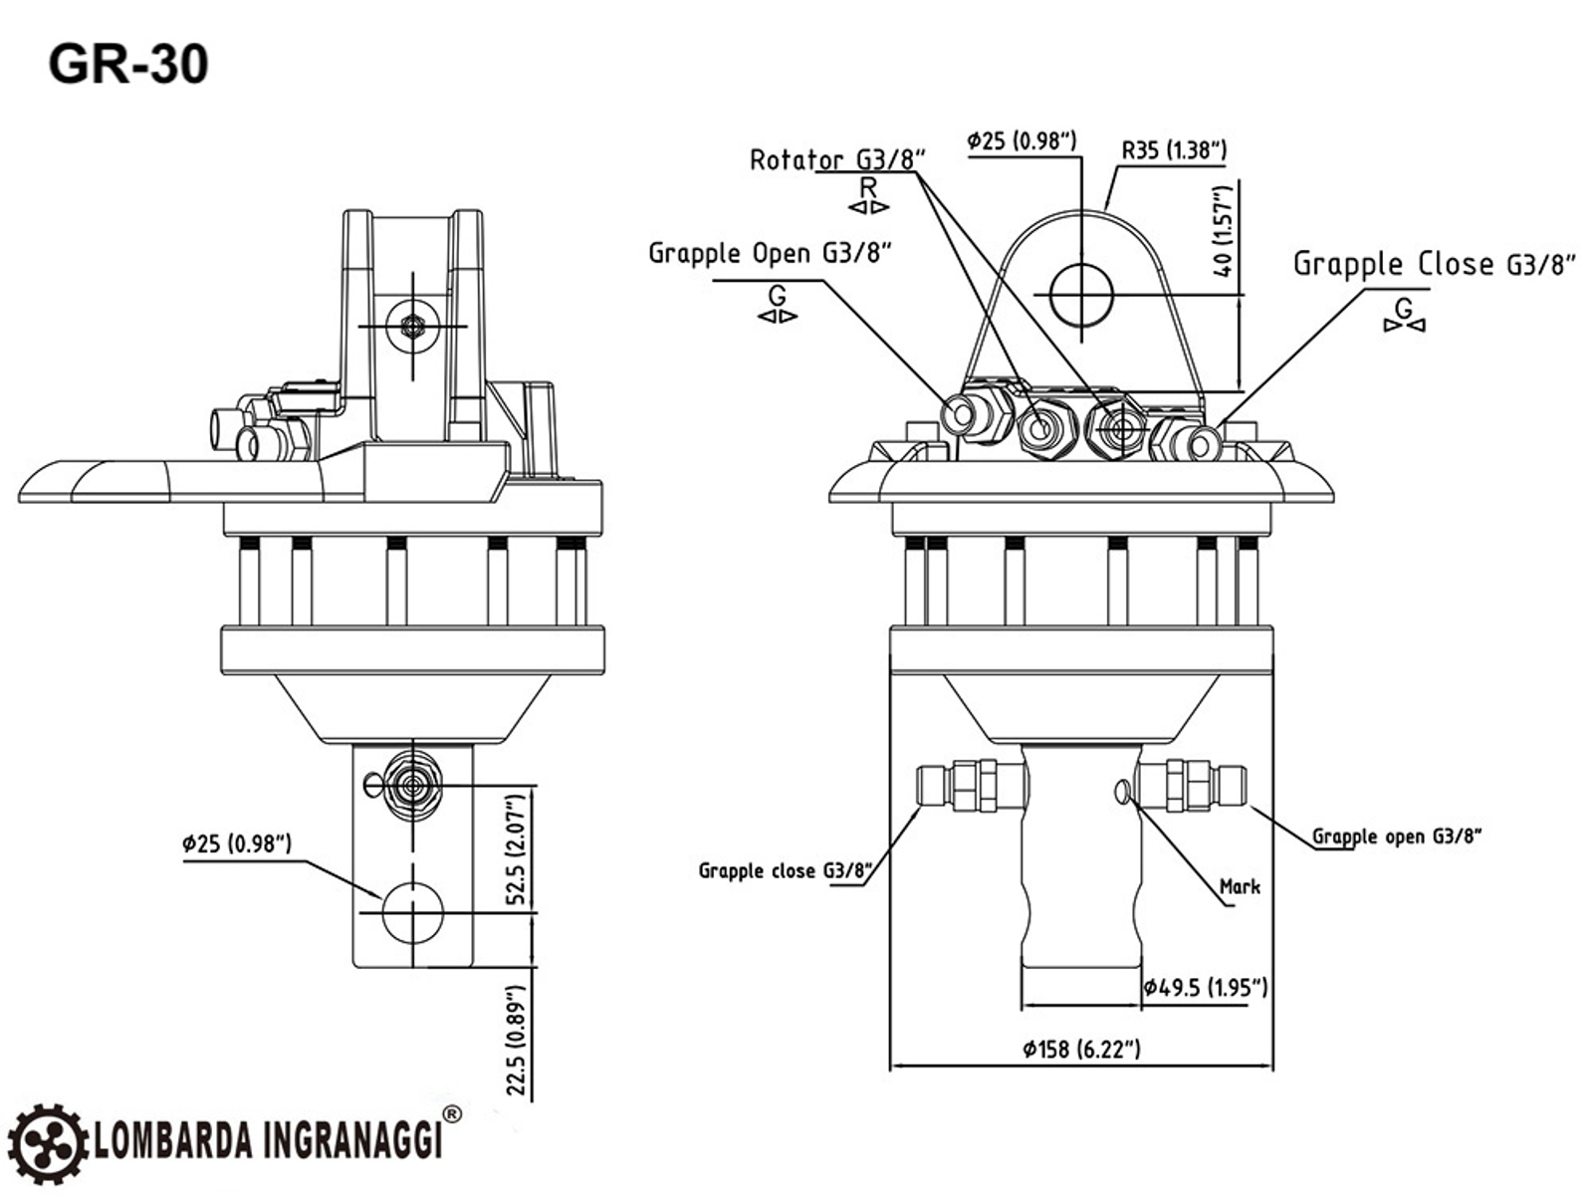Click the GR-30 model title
pyautogui.click(x=128, y=65)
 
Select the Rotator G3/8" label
pyautogui.click(x=837, y=159)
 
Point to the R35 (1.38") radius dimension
pyautogui.click(x=1174, y=150)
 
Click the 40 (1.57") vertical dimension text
pyautogui.click(x=1225, y=231)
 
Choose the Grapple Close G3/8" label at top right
pyautogui.click(x=1435, y=264)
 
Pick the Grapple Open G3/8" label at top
pyautogui.click(x=769, y=253)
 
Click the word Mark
pyautogui.click(x=1240, y=886)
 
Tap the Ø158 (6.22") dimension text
pyautogui.click(x=1081, y=1049)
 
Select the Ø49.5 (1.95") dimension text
pyautogui.click(x=1205, y=987)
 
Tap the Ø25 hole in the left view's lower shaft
pyautogui.click(x=412, y=912)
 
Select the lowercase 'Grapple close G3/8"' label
pyautogui.click(x=786, y=871)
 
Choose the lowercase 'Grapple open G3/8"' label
pyautogui.click(x=1397, y=836)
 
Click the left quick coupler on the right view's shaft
pyautogui.click(x=971, y=784)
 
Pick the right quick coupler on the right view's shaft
pyautogui.click(x=1194, y=784)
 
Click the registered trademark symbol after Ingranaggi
pyautogui.click(x=451, y=1114)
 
